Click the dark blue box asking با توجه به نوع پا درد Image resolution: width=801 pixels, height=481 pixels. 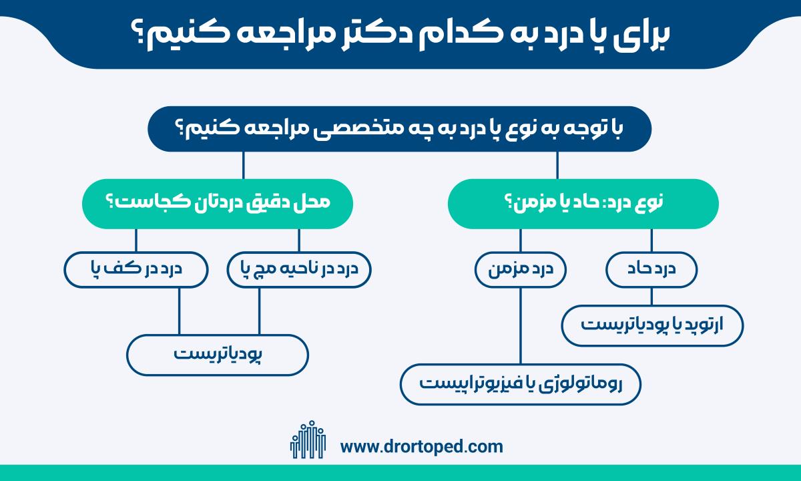[x=399, y=129]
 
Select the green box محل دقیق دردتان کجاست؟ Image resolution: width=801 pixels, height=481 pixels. [x=218, y=204]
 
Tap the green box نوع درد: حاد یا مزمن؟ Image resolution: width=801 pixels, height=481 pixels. [x=583, y=204]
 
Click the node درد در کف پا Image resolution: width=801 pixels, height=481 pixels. [x=136, y=269]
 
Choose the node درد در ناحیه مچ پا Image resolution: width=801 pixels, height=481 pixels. [x=299, y=269]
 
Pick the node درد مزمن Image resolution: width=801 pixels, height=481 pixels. [x=521, y=269]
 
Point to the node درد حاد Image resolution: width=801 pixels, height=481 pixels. [x=651, y=269]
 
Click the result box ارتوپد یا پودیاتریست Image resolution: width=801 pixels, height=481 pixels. [x=652, y=326]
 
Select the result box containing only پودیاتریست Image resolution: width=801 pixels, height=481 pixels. [x=218, y=355]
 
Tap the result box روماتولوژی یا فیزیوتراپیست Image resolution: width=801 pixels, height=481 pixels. [x=521, y=384]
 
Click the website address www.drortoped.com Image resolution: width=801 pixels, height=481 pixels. [x=421, y=447]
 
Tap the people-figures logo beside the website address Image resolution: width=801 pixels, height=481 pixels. [x=308, y=440]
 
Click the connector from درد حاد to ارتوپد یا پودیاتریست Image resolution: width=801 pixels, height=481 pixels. [x=651, y=297]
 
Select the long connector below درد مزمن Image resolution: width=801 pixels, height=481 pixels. [x=521, y=326]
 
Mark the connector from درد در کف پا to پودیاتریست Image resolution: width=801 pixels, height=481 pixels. [x=179, y=311]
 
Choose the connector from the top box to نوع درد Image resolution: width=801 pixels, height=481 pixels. [x=557, y=166]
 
